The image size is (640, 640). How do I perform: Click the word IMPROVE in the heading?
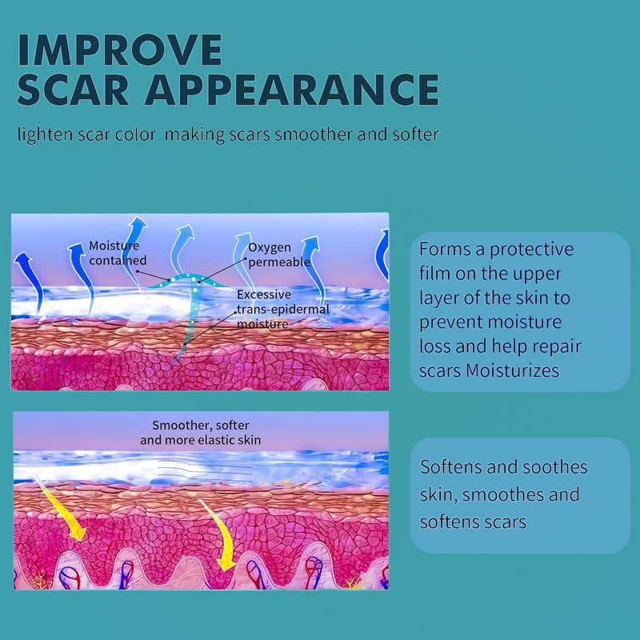120,50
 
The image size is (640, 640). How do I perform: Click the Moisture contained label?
117,253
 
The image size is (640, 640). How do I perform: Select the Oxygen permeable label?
279,254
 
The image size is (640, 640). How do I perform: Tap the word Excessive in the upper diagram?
264,294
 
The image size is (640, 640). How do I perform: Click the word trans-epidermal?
277,310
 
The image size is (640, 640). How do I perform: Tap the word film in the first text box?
435,274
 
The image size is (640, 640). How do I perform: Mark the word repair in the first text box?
558,346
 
